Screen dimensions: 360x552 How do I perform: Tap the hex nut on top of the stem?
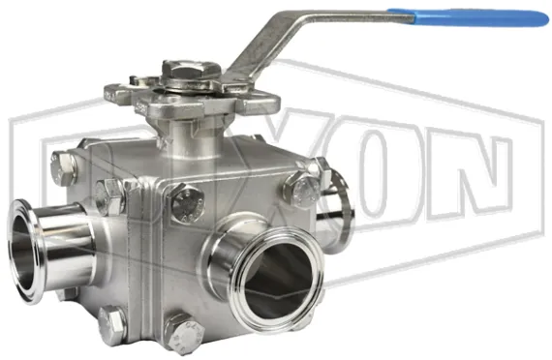(x=185, y=71)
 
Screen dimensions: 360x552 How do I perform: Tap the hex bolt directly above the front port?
(x=185, y=203)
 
